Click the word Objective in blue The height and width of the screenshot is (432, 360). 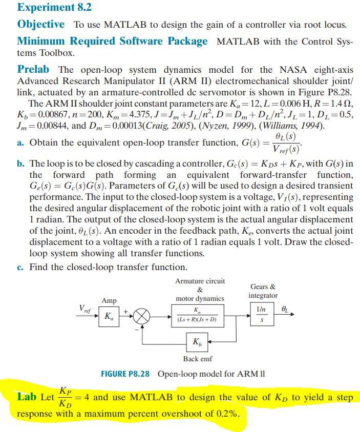(x=41, y=24)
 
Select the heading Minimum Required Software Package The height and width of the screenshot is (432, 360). (x=113, y=41)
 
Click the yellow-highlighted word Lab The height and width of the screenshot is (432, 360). (x=26, y=397)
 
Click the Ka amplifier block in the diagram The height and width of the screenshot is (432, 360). (x=109, y=317)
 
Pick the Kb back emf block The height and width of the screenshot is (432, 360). (x=197, y=342)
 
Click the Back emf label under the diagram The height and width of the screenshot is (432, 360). (x=197, y=359)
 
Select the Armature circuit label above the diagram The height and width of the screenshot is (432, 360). (x=200, y=281)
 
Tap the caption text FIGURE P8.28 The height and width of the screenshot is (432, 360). (x=125, y=374)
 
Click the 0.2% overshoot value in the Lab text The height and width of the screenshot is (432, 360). (x=227, y=413)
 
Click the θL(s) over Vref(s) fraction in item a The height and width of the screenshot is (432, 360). (x=278, y=143)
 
